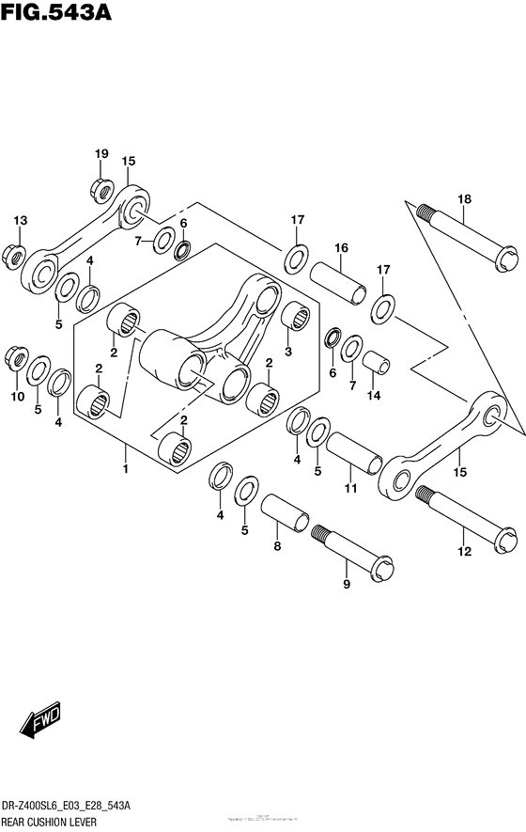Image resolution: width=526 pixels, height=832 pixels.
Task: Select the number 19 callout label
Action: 101,154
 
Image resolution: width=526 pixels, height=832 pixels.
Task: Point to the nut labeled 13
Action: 14,253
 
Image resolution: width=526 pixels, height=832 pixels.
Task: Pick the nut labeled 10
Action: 14,357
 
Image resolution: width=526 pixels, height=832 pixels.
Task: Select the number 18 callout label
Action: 464,198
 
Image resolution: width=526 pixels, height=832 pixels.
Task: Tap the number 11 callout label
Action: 350,490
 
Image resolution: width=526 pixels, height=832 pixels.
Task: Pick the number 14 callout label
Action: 376,397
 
